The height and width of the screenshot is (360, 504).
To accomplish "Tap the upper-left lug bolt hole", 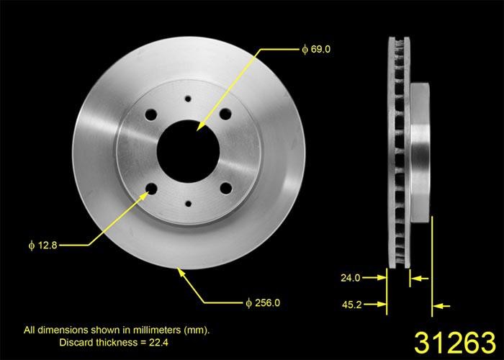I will (x=153, y=115).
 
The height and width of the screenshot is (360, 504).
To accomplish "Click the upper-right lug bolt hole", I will (x=225, y=114).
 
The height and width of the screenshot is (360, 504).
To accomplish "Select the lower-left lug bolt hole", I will (x=152, y=189).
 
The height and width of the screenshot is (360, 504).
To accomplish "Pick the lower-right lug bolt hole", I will (x=225, y=189).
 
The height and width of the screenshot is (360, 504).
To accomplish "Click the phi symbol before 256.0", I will (x=248, y=303).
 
